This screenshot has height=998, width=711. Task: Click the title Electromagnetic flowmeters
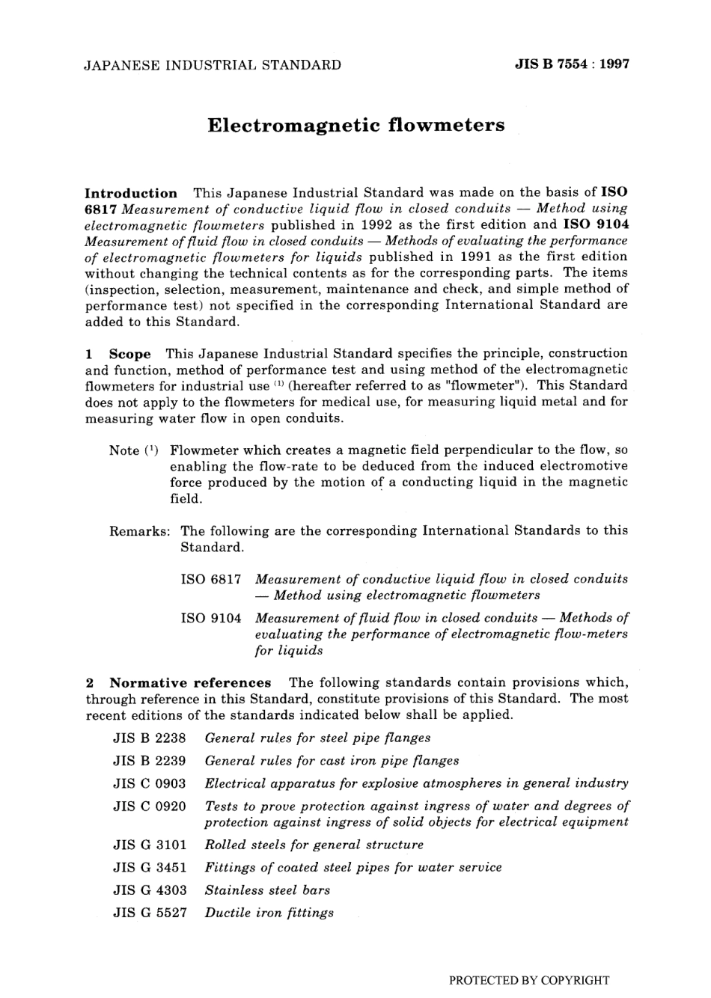click(x=355, y=125)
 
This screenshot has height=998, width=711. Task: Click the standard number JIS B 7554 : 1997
click(x=572, y=64)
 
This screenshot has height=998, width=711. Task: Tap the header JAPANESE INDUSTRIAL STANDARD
click(x=213, y=65)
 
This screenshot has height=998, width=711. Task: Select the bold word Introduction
click(x=131, y=193)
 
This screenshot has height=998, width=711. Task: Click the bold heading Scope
click(x=129, y=353)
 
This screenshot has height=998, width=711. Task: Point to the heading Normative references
click(x=190, y=682)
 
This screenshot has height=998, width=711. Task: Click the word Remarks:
click(x=140, y=530)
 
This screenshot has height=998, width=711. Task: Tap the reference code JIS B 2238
click(x=149, y=738)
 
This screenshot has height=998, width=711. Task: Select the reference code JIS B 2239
click(x=149, y=761)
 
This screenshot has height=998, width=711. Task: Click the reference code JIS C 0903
click(x=149, y=783)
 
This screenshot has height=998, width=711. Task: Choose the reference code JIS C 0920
click(x=149, y=806)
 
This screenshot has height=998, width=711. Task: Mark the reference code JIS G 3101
click(x=149, y=845)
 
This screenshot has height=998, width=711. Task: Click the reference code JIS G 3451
click(x=149, y=867)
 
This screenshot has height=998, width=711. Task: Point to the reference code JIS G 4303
click(x=149, y=890)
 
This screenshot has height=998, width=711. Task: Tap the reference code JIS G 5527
click(x=149, y=913)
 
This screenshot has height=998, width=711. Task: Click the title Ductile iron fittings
click(x=269, y=913)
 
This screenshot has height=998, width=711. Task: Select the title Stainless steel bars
click(x=267, y=890)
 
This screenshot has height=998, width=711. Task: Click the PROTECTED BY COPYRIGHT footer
click(x=528, y=980)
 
